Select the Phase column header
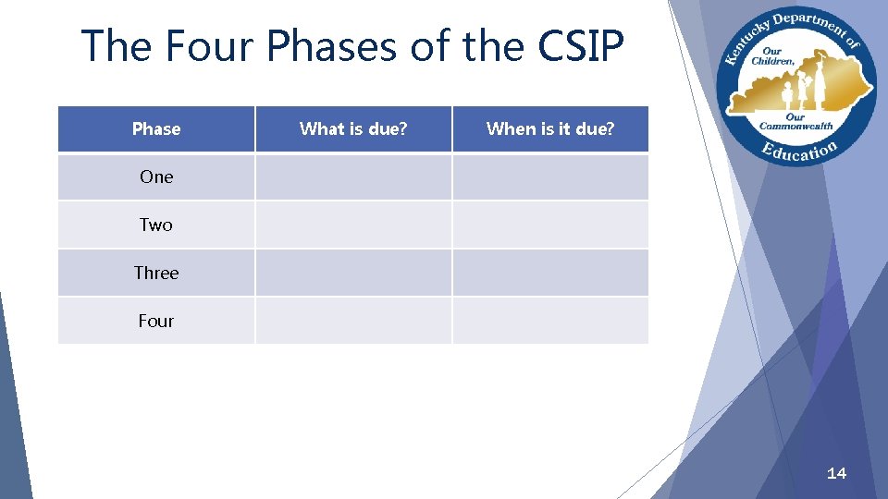(156, 129)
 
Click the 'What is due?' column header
(353, 129)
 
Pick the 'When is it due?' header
(550, 129)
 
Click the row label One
(156, 176)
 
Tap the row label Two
(156, 225)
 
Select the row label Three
(156, 273)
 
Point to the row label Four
(156, 321)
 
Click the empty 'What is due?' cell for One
(353, 176)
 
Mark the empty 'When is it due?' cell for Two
(550, 225)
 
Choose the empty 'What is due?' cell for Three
(353, 273)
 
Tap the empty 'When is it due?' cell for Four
(550, 321)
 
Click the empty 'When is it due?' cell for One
(550, 176)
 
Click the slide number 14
(836, 473)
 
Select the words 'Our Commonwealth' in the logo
(796, 121)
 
